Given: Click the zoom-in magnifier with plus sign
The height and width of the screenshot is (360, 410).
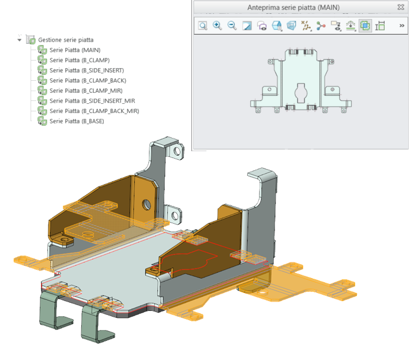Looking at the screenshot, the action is click(x=217, y=25).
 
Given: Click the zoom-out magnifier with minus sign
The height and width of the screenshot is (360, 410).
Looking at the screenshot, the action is click(x=232, y=25).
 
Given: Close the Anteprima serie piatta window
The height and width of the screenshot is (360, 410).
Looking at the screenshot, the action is click(x=401, y=7).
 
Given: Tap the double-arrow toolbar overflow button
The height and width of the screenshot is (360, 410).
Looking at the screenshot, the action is click(x=401, y=25).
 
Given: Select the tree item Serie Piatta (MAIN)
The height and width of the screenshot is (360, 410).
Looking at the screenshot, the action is click(x=75, y=50).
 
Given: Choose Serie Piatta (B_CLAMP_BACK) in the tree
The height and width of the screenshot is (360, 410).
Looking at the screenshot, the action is click(x=88, y=81).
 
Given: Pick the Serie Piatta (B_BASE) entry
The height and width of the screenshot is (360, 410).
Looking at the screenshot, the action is click(x=77, y=121).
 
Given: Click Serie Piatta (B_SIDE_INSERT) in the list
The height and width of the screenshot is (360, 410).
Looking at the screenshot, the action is click(x=87, y=70).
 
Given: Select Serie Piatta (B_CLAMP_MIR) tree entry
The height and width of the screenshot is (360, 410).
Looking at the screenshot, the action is click(x=86, y=91).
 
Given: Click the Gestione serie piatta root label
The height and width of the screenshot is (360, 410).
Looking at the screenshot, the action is click(x=66, y=40).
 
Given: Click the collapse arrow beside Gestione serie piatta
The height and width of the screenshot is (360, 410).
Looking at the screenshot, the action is click(x=20, y=40).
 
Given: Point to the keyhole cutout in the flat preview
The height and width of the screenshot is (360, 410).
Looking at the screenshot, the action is click(x=301, y=93).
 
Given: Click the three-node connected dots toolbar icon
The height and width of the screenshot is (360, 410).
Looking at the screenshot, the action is click(x=321, y=26).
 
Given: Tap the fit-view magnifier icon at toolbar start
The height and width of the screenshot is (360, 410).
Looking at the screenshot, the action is click(x=202, y=25).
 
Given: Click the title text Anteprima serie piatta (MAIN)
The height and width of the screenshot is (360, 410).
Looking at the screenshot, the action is click(x=294, y=7).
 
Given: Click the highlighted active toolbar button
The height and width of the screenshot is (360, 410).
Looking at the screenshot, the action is click(x=365, y=25).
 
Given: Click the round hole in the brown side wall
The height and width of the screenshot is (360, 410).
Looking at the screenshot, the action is click(x=146, y=204).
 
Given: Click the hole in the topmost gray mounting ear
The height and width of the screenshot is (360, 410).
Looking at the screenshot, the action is click(x=177, y=151).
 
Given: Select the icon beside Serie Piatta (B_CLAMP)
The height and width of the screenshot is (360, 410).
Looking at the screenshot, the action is click(x=42, y=60).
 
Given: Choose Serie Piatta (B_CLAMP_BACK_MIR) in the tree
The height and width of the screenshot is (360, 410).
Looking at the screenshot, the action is click(x=95, y=111).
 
